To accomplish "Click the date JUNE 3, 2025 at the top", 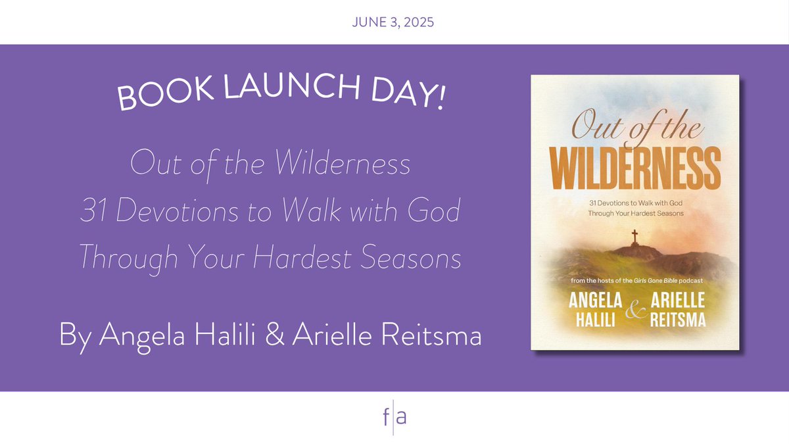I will click(x=394, y=22).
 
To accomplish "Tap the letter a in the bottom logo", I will click(x=400, y=418).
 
